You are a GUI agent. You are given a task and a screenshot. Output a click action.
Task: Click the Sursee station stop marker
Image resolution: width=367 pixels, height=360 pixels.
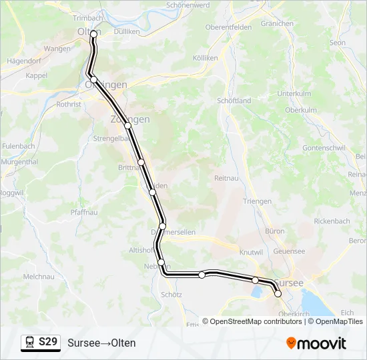click(x=278, y=293)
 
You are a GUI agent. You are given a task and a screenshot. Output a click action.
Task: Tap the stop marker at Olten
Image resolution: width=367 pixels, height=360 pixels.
click(x=94, y=33)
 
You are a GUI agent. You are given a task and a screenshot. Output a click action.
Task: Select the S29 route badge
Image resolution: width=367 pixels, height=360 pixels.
click(x=41, y=343)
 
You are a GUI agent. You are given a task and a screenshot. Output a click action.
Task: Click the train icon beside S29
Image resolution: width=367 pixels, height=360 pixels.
click(x=30, y=343)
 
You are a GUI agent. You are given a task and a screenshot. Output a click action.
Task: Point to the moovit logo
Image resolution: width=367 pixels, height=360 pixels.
click(x=316, y=343)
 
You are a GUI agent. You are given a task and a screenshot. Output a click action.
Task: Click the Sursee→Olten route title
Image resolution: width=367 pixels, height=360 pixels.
click(x=101, y=343)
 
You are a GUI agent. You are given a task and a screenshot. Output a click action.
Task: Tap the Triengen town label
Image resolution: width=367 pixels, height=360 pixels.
click(x=257, y=201)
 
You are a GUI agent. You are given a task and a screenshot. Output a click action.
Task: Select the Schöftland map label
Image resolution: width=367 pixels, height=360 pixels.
click(x=234, y=101)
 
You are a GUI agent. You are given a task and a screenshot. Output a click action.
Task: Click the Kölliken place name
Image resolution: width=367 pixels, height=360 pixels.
click(x=205, y=58)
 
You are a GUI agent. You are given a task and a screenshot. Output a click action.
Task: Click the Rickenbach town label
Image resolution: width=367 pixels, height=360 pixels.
click(x=332, y=221)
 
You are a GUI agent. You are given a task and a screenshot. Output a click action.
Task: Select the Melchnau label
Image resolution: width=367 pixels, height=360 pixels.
click(x=38, y=276)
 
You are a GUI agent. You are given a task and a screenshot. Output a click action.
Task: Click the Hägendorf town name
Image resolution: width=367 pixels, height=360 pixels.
click(x=23, y=60)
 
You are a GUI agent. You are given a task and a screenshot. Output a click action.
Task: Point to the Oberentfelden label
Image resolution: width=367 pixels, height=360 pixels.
click(x=228, y=27)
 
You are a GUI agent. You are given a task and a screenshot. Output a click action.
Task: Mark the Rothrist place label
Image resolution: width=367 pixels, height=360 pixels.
click(x=69, y=105)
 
